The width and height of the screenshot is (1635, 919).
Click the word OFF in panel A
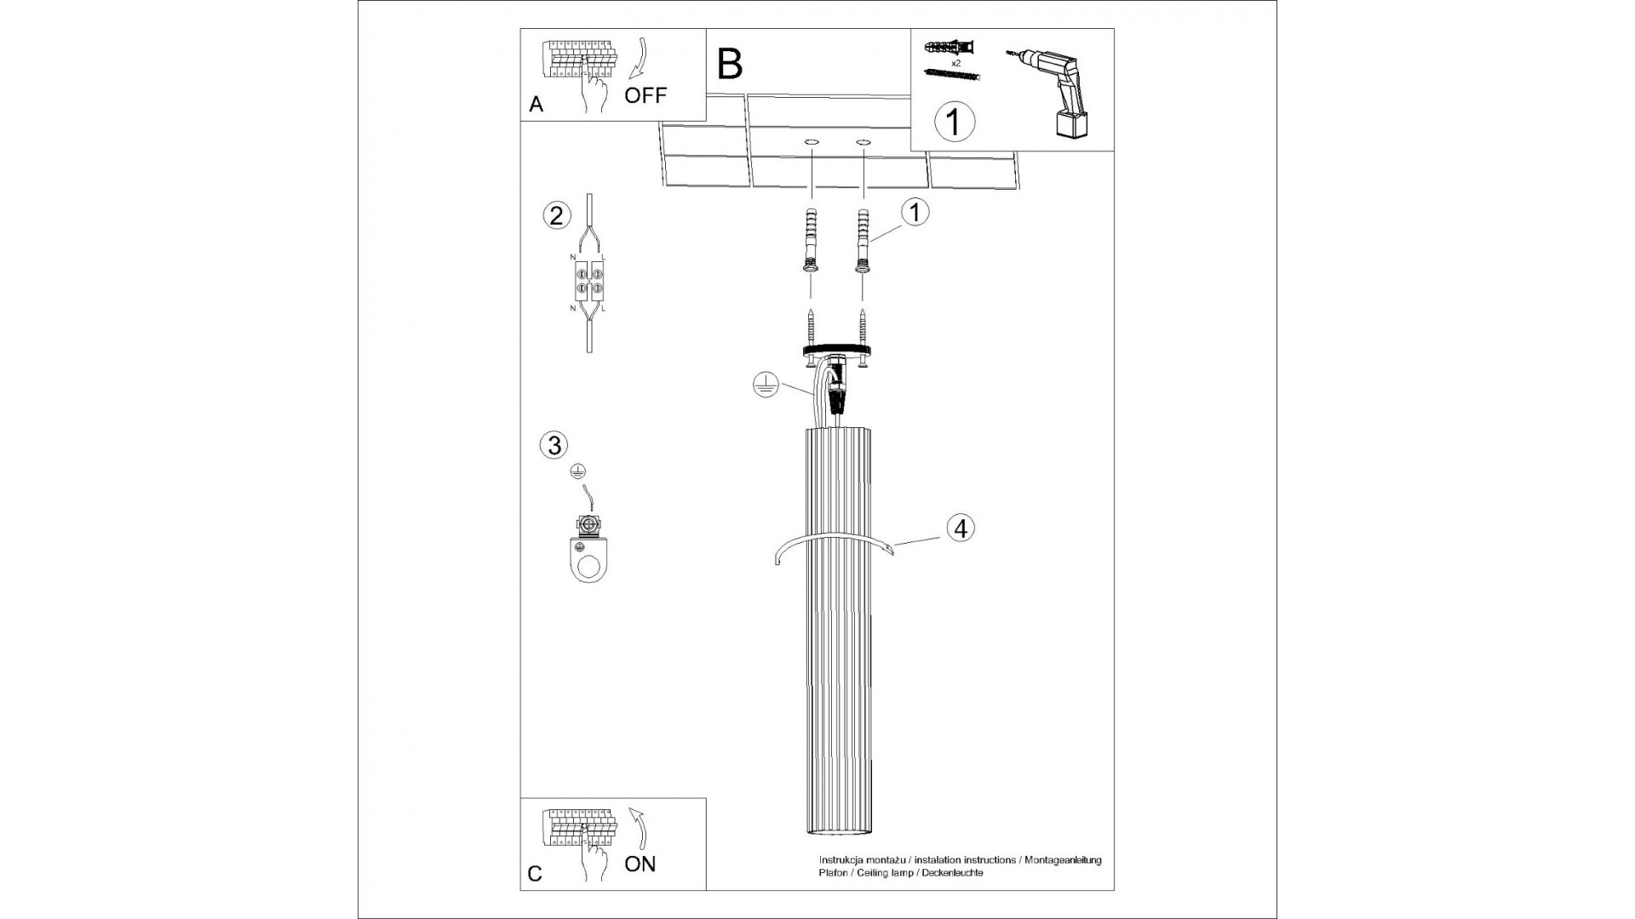point(645,95)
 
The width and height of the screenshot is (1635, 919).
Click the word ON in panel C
point(640,864)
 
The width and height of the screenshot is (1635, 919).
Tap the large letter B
point(730,64)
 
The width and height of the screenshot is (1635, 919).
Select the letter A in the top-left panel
point(536,105)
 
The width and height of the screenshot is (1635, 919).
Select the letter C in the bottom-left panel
point(535,874)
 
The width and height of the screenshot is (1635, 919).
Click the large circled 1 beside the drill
point(954,122)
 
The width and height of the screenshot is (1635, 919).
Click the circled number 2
point(556,215)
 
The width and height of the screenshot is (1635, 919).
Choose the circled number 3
point(554,444)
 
